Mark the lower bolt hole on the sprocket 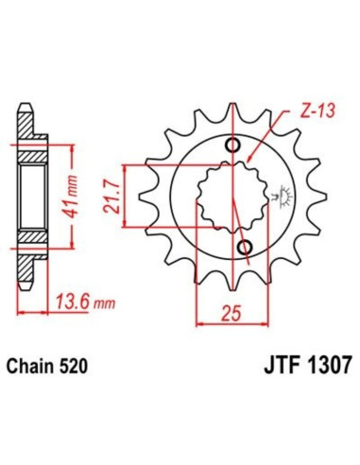click(245, 248)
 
